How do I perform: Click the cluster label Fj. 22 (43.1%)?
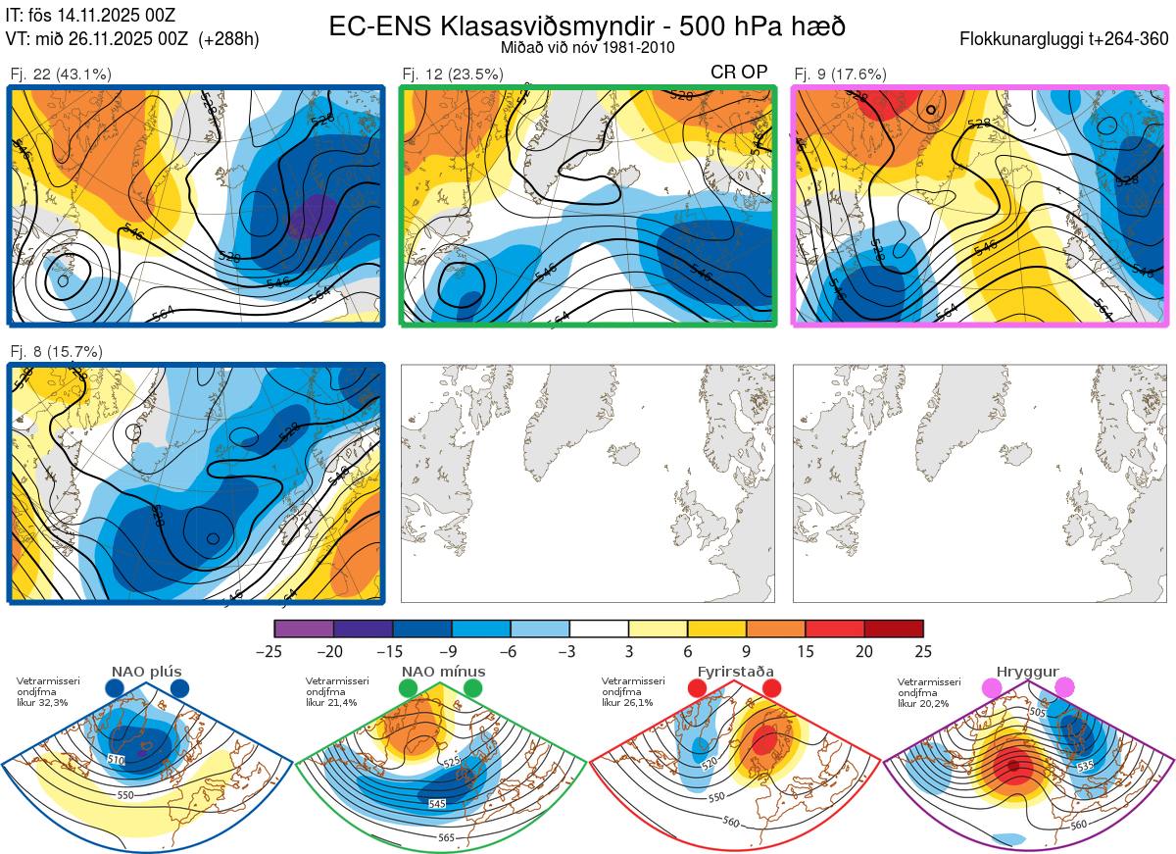pyautogui.click(x=61, y=74)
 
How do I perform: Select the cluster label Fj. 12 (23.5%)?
pyautogui.click(x=453, y=74)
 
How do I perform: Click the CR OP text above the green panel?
pyautogui.click(x=739, y=72)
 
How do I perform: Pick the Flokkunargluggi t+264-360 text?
pyautogui.click(x=1066, y=39)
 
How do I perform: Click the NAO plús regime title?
pyautogui.click(x=147, y=672)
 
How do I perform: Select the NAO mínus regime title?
pyautogui.click(x=444, y=672)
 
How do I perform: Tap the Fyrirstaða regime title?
pyautogui.click(x=736, y=672)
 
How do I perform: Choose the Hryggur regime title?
pyautogui.click(x=1028, y=672)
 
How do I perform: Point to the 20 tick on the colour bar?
pyautogui.click(x=864, y=651)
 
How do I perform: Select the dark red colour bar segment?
pyautogui.click(x=894, y=628)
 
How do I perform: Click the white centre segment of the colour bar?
pyautogui.click(x=599, y=628)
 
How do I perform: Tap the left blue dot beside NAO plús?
pyautogui.click(x=115, y=688)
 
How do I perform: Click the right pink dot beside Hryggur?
pyautogui.click(x=1065, y=688)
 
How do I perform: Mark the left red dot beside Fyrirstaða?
pyautogui.click(x=698, y=688)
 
